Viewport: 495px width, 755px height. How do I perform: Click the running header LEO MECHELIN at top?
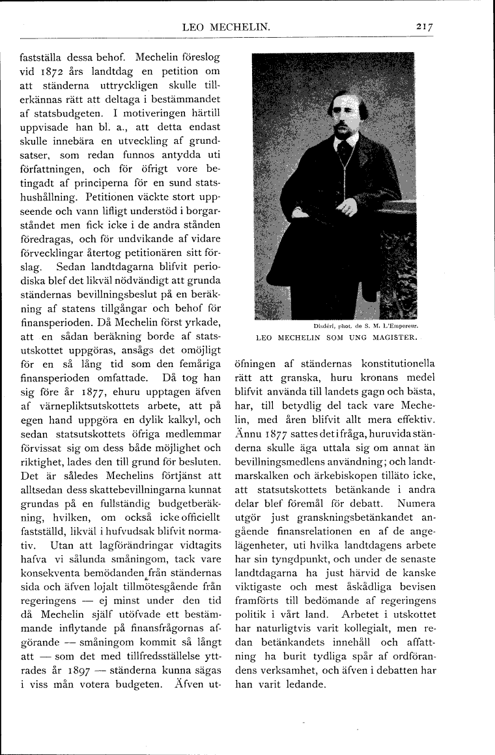(x=227, y=27)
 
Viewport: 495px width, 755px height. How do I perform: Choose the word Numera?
(x=414, y=504)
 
